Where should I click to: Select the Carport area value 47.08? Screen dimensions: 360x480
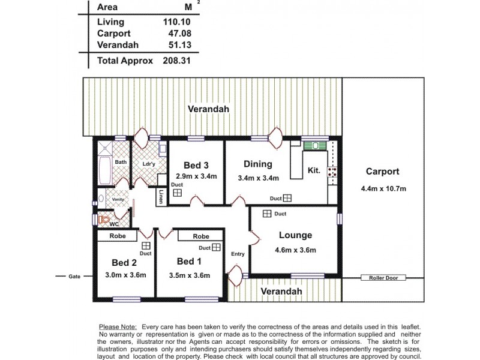181,34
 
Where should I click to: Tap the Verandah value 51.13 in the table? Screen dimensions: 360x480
181,45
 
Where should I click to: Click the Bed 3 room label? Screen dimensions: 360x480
196,166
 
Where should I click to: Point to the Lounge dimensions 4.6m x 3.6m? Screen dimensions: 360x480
295,250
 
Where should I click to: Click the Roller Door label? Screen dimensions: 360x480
383,278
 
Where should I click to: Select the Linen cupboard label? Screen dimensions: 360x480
161,197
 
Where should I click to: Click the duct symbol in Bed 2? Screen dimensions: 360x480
145,246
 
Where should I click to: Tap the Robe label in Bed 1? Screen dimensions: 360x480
201,236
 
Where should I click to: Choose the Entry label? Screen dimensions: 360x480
238,254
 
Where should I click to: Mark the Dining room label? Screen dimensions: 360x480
258,164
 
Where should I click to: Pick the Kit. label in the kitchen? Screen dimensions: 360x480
314,170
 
